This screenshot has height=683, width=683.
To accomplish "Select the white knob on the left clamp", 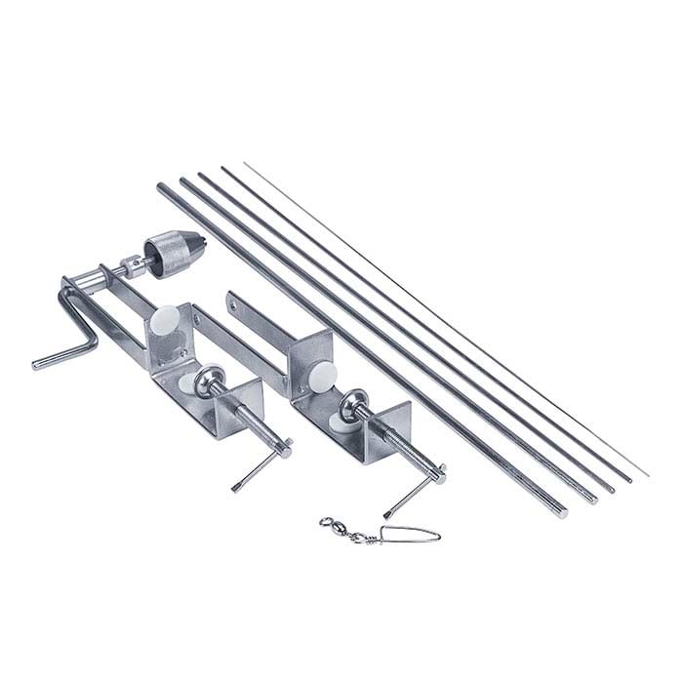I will pyautogui.click(x=167, y=319).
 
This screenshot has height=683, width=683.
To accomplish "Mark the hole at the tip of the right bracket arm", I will pyautogui.click(x=232, y=306).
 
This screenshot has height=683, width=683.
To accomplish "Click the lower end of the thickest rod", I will pyautogui.click(x=561, y=512).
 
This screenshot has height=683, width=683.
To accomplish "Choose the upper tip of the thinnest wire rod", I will pyautogui.click(x=245, y=164).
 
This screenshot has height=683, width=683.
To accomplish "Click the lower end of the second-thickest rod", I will pyautogui.click(x=590, y=500).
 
